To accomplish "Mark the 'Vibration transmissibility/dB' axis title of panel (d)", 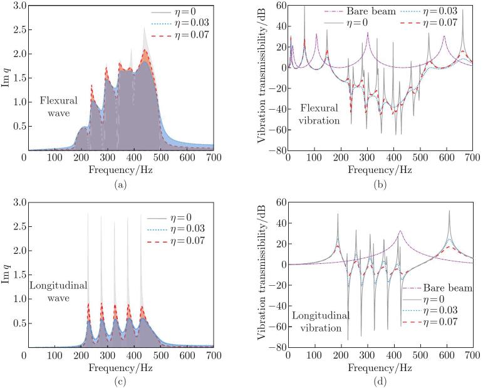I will click(264, 276).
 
